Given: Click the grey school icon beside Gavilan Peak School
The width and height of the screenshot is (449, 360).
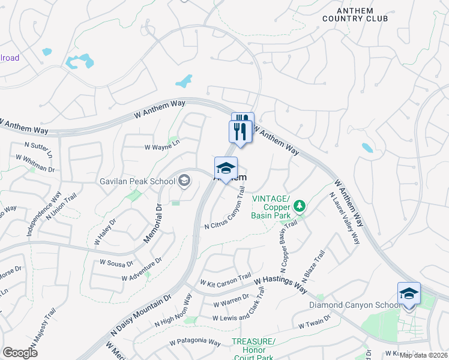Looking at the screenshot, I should pos(184,180).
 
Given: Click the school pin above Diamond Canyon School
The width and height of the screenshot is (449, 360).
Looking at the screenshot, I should pos(409,294).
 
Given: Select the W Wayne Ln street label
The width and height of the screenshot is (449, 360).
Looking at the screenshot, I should pos(162,147).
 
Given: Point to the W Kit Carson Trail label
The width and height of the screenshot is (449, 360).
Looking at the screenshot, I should pos(226,280).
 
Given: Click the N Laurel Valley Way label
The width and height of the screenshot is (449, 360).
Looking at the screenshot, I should pos(345,218).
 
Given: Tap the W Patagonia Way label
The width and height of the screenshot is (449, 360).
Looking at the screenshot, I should pos(194,342).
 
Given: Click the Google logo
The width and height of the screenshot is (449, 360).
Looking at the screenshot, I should pos(20,352).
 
